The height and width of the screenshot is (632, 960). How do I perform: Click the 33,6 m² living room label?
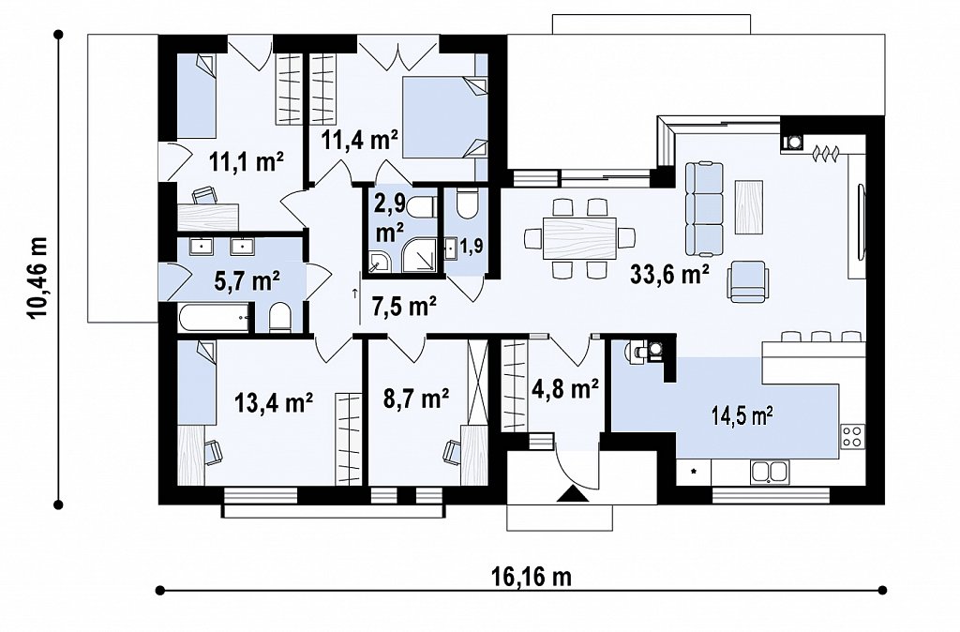coord(669,275)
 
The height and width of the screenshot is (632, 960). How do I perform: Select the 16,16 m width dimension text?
coord(531,577)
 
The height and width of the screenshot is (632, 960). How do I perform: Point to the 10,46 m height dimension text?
coord(37,278)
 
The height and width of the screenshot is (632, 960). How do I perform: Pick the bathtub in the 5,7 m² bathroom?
coord(215,318)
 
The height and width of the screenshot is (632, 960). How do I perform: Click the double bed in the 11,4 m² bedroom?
coord(444,117)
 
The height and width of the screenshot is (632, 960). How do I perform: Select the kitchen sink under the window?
coord(770,473)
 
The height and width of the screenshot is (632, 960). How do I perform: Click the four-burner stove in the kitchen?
coord(853,435)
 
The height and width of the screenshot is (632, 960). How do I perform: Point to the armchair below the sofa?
coord(747,281)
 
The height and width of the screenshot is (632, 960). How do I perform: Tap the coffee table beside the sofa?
coord(748,206)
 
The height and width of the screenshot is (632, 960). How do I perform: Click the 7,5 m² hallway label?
coord(404,306)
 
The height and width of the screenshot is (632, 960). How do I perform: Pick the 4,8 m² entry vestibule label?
coord(567,388)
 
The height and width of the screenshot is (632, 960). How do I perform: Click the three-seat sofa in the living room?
coord(703,208)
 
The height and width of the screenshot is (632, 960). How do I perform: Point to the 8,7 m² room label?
coord(416,399)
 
